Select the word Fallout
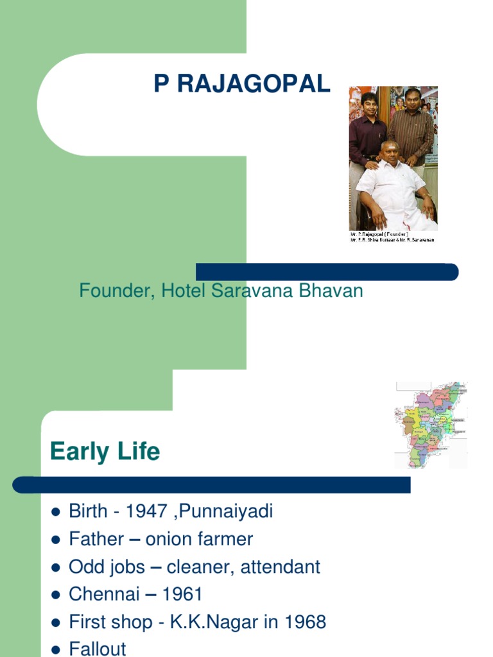pyautogui.click(x=98, y=648)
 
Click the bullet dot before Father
pyautogui.click(x=55, y=540)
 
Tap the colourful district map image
pyautogui.click(x=431, y=424)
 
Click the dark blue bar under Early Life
pyautogui.click(x=212, y=485)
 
